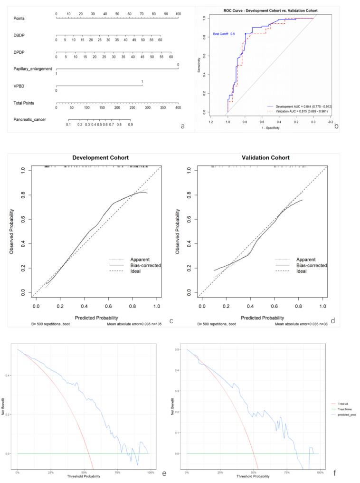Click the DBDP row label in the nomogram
coord(19,35)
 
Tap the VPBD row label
coord(19,86)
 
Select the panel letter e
coord(163,474)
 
